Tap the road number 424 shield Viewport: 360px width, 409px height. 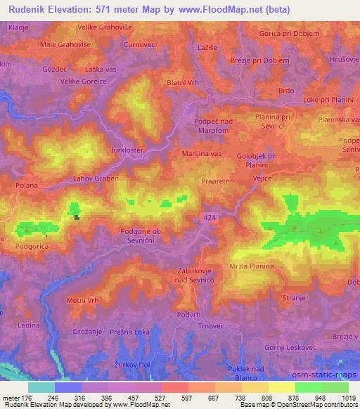tap(210, 219)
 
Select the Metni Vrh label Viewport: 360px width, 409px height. tap(82, 300)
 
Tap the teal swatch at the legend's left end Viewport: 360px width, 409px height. tap(41, 387)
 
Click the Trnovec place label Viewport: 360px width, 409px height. tap(210, 325)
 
